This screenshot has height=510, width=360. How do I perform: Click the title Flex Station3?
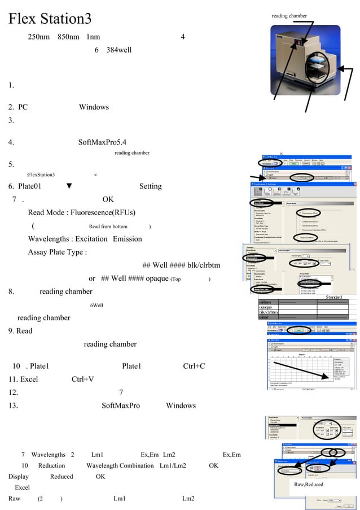pos(50,19)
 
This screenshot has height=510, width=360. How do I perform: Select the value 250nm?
pos(39,37)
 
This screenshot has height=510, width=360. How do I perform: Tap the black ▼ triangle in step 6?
pos(69,186)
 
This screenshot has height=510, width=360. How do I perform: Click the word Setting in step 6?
pos(150,186)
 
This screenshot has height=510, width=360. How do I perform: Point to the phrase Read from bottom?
pos(108,226)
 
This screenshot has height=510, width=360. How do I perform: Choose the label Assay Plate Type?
pos(57,252)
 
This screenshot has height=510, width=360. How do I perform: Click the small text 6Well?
pos(96,306)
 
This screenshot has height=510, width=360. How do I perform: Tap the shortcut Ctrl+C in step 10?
pos(194,366)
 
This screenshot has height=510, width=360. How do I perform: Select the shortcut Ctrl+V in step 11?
pos(82,379)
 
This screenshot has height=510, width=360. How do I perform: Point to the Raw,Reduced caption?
pos(308,484)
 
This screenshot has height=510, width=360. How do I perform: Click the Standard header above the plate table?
pos(333,297)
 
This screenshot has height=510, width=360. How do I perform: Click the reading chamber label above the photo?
pos(289,16)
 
